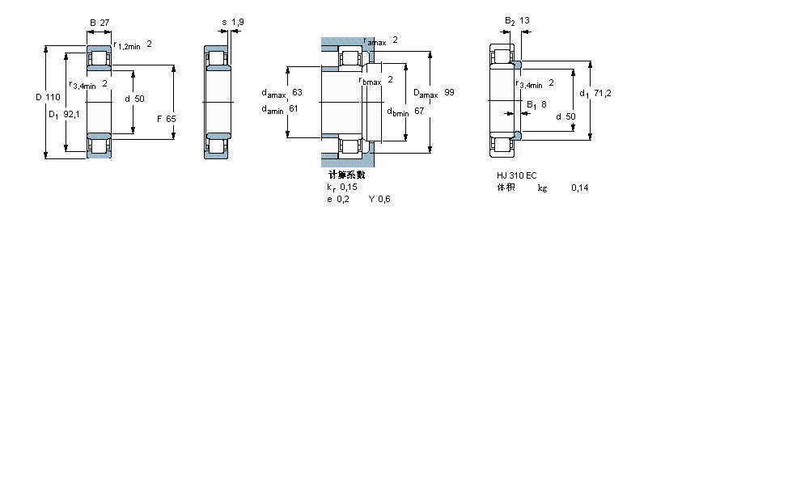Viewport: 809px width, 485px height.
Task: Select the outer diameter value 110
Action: coord(53,98)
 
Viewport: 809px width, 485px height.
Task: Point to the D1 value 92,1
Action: coord(71,115)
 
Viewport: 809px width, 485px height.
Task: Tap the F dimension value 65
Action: coord(171,119)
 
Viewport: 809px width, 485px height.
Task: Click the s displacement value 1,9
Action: coord(237,22)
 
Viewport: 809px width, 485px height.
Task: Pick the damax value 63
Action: coord(297,92)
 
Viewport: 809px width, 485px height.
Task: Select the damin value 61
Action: coord(294,108)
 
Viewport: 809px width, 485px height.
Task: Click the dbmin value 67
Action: coord(419,111)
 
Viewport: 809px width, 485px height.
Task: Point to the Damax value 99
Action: coord(449,92)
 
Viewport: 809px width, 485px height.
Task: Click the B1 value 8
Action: coord(543,104)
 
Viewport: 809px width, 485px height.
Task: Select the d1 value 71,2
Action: coord(602,93)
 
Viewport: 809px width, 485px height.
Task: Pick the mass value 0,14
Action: coord(579,188)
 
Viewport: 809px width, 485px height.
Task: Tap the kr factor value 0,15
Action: coord(348,187)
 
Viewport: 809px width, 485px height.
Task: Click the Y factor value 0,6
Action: coord(384,200)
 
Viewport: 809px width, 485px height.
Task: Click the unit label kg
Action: coord(542,188)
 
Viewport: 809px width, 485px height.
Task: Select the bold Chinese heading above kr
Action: coord(346,175)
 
